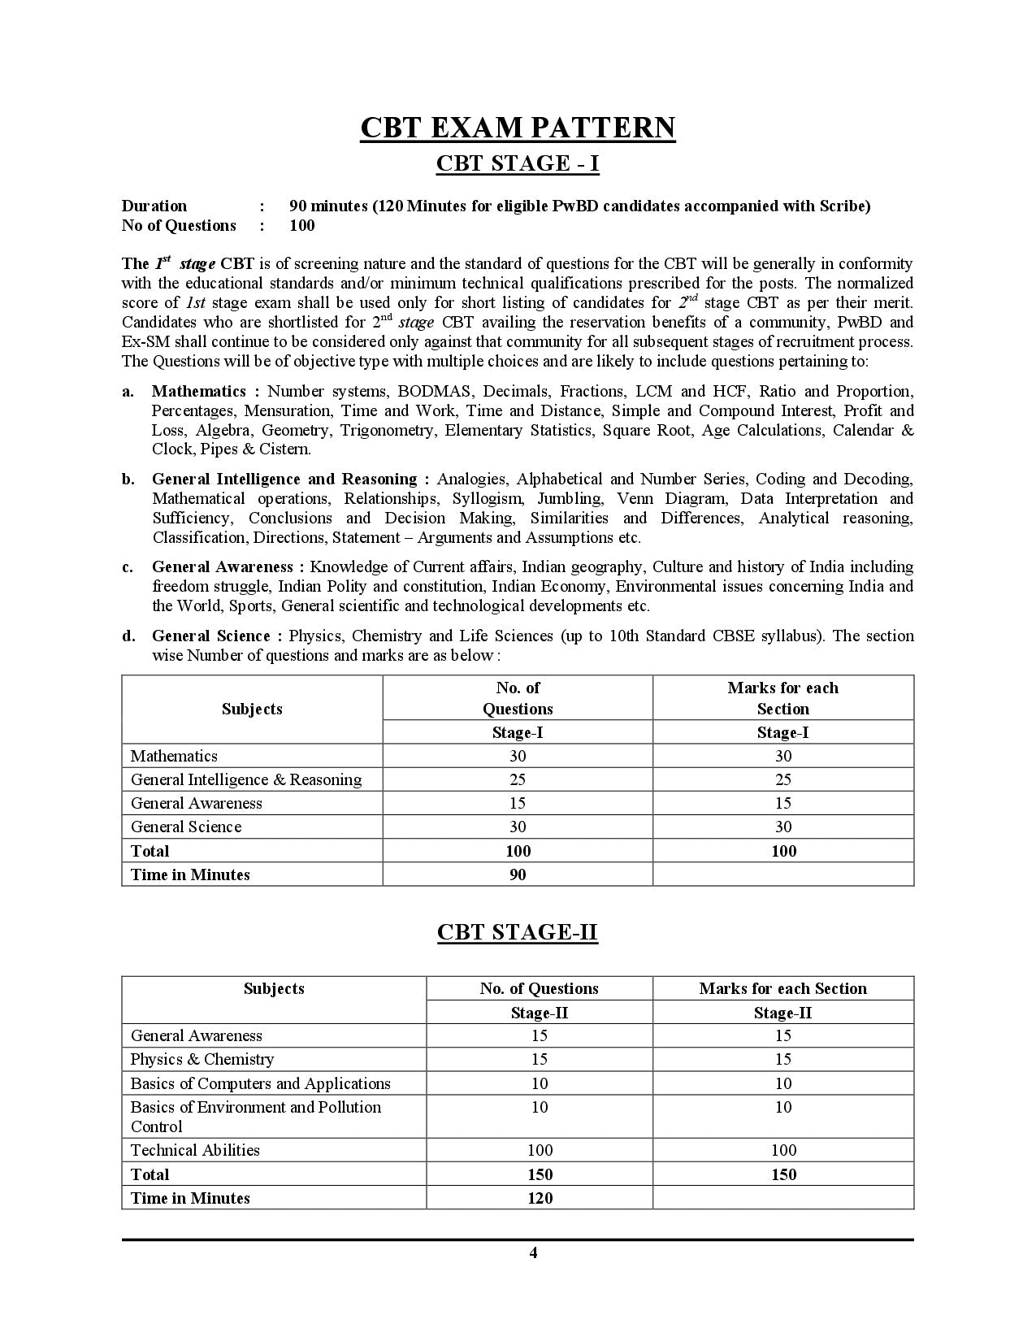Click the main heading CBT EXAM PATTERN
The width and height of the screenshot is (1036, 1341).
click(x=518, y=128)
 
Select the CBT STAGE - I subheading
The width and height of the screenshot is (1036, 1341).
click(x=518, y=163)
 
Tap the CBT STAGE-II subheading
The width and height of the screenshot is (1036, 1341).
click(x=518, y=931)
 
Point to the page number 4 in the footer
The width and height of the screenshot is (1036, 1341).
click(x=533, y=1252)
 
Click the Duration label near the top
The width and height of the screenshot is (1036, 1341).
click(x=154, y=206)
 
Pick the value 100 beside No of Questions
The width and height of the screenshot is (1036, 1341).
click(x=301, y=225)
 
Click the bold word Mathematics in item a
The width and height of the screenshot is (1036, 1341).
click(x=199, y=391)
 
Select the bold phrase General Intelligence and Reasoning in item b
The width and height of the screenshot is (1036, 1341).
click(x=284, y=479)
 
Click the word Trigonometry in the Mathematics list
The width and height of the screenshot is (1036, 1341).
click(x=386, y=430)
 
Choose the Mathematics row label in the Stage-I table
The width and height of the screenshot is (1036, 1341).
click(x=174, y=756)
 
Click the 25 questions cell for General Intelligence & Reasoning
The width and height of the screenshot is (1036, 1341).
click(x=518, y=779)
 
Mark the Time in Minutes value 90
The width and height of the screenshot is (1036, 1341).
click(x=518, y=874)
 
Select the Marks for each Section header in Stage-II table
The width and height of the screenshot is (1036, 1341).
click(x=782, y=988)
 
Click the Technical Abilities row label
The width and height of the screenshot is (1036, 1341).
click(x=195, y=1150)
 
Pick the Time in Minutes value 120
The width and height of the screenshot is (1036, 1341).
click(x=540, y=1198)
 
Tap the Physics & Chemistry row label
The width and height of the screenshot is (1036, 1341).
click(x=202, y=1059)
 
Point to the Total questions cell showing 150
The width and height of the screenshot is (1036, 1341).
click(x=540, y=1174)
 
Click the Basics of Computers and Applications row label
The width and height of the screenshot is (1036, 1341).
click(x=260, y=1083)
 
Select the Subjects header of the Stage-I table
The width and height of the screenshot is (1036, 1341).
click(x=252, y=709)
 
